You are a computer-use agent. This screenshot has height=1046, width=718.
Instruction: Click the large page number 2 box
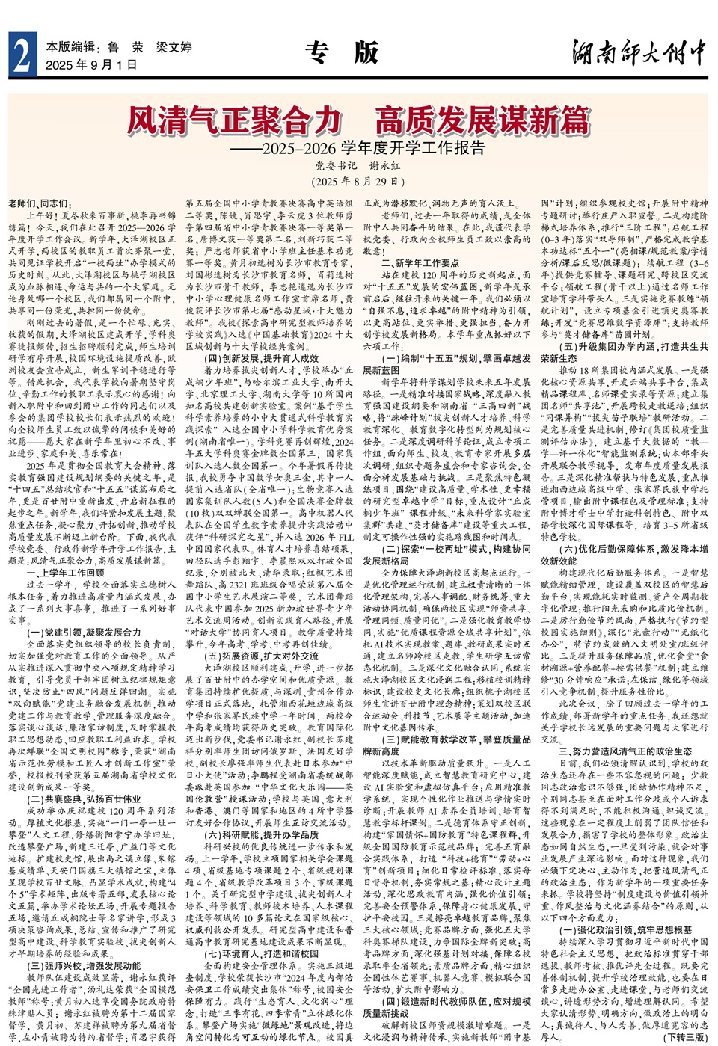(22, 55)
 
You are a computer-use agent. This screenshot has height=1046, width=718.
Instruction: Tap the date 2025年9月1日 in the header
(91, 65)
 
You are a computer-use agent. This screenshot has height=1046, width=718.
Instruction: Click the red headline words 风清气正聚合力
(234, 120)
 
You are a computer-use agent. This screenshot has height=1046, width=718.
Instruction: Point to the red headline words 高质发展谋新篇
(482, 120)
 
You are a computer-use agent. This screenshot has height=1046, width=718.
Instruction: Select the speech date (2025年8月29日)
(358, 182)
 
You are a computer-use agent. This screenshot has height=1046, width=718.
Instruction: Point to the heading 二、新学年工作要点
(420, 263)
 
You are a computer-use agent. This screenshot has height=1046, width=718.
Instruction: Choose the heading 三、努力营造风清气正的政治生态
(625, 751)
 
